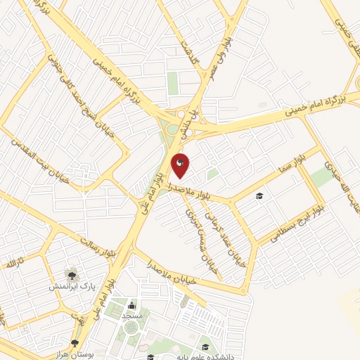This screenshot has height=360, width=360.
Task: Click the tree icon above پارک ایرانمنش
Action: click(x=72, y=273)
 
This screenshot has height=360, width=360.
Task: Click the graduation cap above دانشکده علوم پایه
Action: click(x=205, y=346)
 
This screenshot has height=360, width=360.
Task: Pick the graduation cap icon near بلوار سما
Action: click(x=259, y=195)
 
